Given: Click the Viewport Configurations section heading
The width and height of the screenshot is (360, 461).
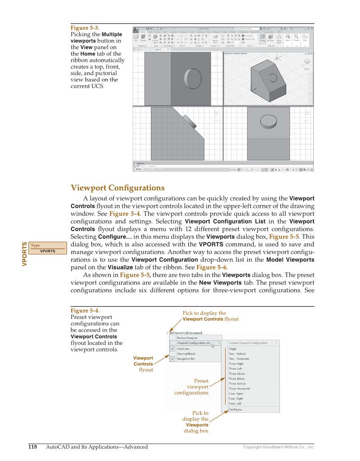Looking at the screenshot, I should tap(117, 188).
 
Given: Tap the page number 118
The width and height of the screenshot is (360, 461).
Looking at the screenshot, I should tap(33, 447).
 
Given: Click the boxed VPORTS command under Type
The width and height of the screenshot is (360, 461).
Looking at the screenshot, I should tap(47, 251).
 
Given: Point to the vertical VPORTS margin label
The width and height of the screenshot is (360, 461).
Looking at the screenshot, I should tap(25, 254).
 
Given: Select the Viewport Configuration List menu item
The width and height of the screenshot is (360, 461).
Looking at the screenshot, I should tap(193, 343).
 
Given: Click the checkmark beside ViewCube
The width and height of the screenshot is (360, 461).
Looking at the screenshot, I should tap(173, 349).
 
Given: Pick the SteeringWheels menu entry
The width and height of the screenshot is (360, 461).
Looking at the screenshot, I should tap(186, 354).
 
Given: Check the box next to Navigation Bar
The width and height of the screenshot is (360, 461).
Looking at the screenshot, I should tap(173, 359).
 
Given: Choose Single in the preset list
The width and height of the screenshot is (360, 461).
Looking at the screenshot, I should tap(233, 349).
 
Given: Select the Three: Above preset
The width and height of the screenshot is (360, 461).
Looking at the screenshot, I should tap(237, 374).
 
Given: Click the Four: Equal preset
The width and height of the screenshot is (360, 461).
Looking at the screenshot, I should tap(236, 394).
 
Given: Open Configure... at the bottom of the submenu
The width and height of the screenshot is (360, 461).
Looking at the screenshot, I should tap(236, 409).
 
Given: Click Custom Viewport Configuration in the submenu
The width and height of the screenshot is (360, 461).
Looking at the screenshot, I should tap(248, 343).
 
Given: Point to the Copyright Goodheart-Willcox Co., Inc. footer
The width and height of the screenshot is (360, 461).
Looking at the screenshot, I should tap(279, 447).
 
